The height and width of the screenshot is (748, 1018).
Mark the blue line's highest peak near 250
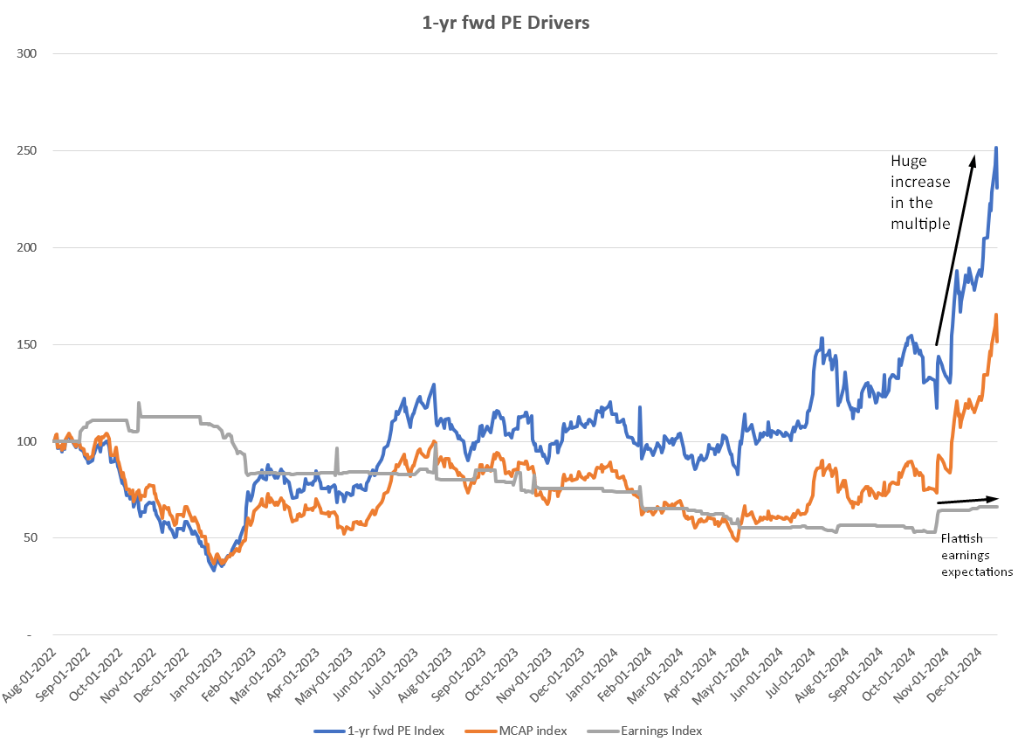[x=996, y=148]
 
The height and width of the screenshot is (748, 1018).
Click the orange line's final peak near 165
[x=996, y=315]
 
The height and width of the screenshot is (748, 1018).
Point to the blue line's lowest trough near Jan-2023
[x=213, y=570]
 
